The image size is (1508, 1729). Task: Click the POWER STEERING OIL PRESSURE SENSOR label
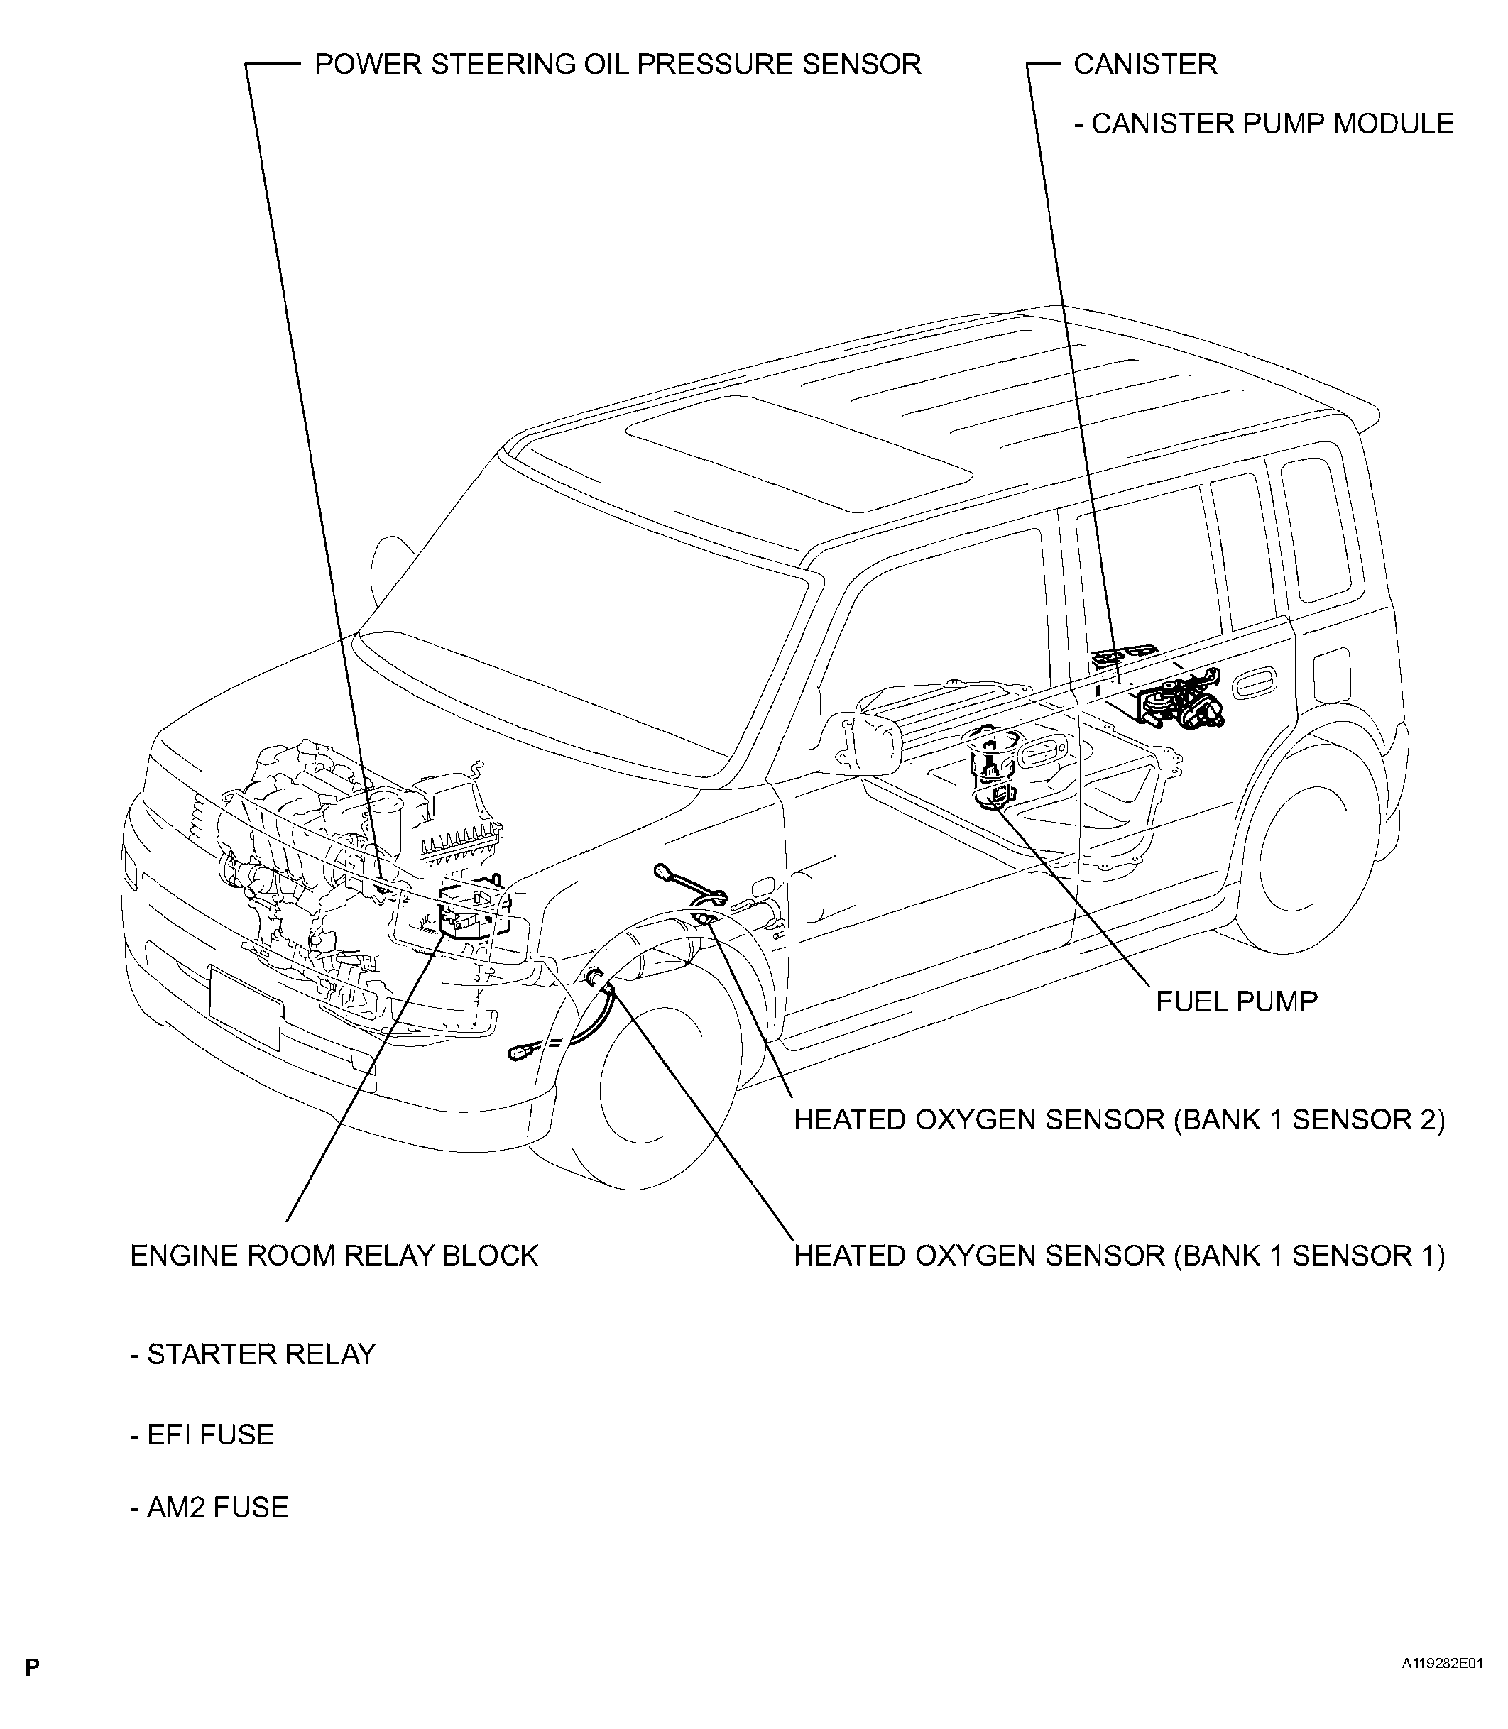click(x=618, y=64)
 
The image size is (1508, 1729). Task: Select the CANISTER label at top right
click(x=1144, y=64)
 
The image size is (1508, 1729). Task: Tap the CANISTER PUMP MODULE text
click(x=1264, y=123)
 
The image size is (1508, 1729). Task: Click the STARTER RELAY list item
click(x=253, y=1354)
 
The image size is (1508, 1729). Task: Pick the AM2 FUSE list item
click(x=209, y=1506)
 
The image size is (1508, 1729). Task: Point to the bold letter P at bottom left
click(x=32, y=1667)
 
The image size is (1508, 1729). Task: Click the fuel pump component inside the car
click(x=993, y=767)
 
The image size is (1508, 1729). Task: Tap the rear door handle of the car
click(x=1254, y=687)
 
